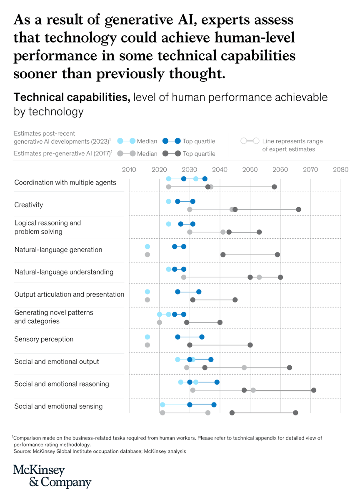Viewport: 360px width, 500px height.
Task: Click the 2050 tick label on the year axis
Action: coord(250,170)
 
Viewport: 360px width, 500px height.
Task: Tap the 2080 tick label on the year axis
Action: coord(341,170)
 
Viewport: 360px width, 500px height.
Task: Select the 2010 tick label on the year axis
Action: coord(129,170)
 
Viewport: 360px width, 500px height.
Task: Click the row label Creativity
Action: coord(29,205)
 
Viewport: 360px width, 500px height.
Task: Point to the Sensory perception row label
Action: coord(44,339)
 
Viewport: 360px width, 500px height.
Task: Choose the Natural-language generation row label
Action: coord(58,250)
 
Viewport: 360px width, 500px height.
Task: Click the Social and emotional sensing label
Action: coord(58,406)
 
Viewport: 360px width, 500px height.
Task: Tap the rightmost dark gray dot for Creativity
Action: coord(298,209)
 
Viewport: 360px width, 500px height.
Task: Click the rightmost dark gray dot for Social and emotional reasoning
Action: coord(313,390)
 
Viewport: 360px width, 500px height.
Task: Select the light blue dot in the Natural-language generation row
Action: coord(147,247)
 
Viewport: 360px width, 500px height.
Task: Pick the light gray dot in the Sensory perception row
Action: coord(147,345)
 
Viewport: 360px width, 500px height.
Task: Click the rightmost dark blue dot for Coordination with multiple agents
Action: coord(205,179)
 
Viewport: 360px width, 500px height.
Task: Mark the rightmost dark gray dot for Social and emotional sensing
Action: coord(295,412)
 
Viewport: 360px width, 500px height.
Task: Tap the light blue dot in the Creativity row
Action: coord(168,201)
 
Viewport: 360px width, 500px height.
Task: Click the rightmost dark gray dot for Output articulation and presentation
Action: coord(235,300)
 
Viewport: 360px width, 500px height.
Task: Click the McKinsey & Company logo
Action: coord(52,476)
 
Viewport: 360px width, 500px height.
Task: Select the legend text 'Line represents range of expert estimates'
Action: coord(292,145)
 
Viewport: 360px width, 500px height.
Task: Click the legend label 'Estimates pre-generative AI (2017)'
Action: coord(63,153)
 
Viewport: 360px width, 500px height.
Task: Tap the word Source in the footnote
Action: coord(23,451)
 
